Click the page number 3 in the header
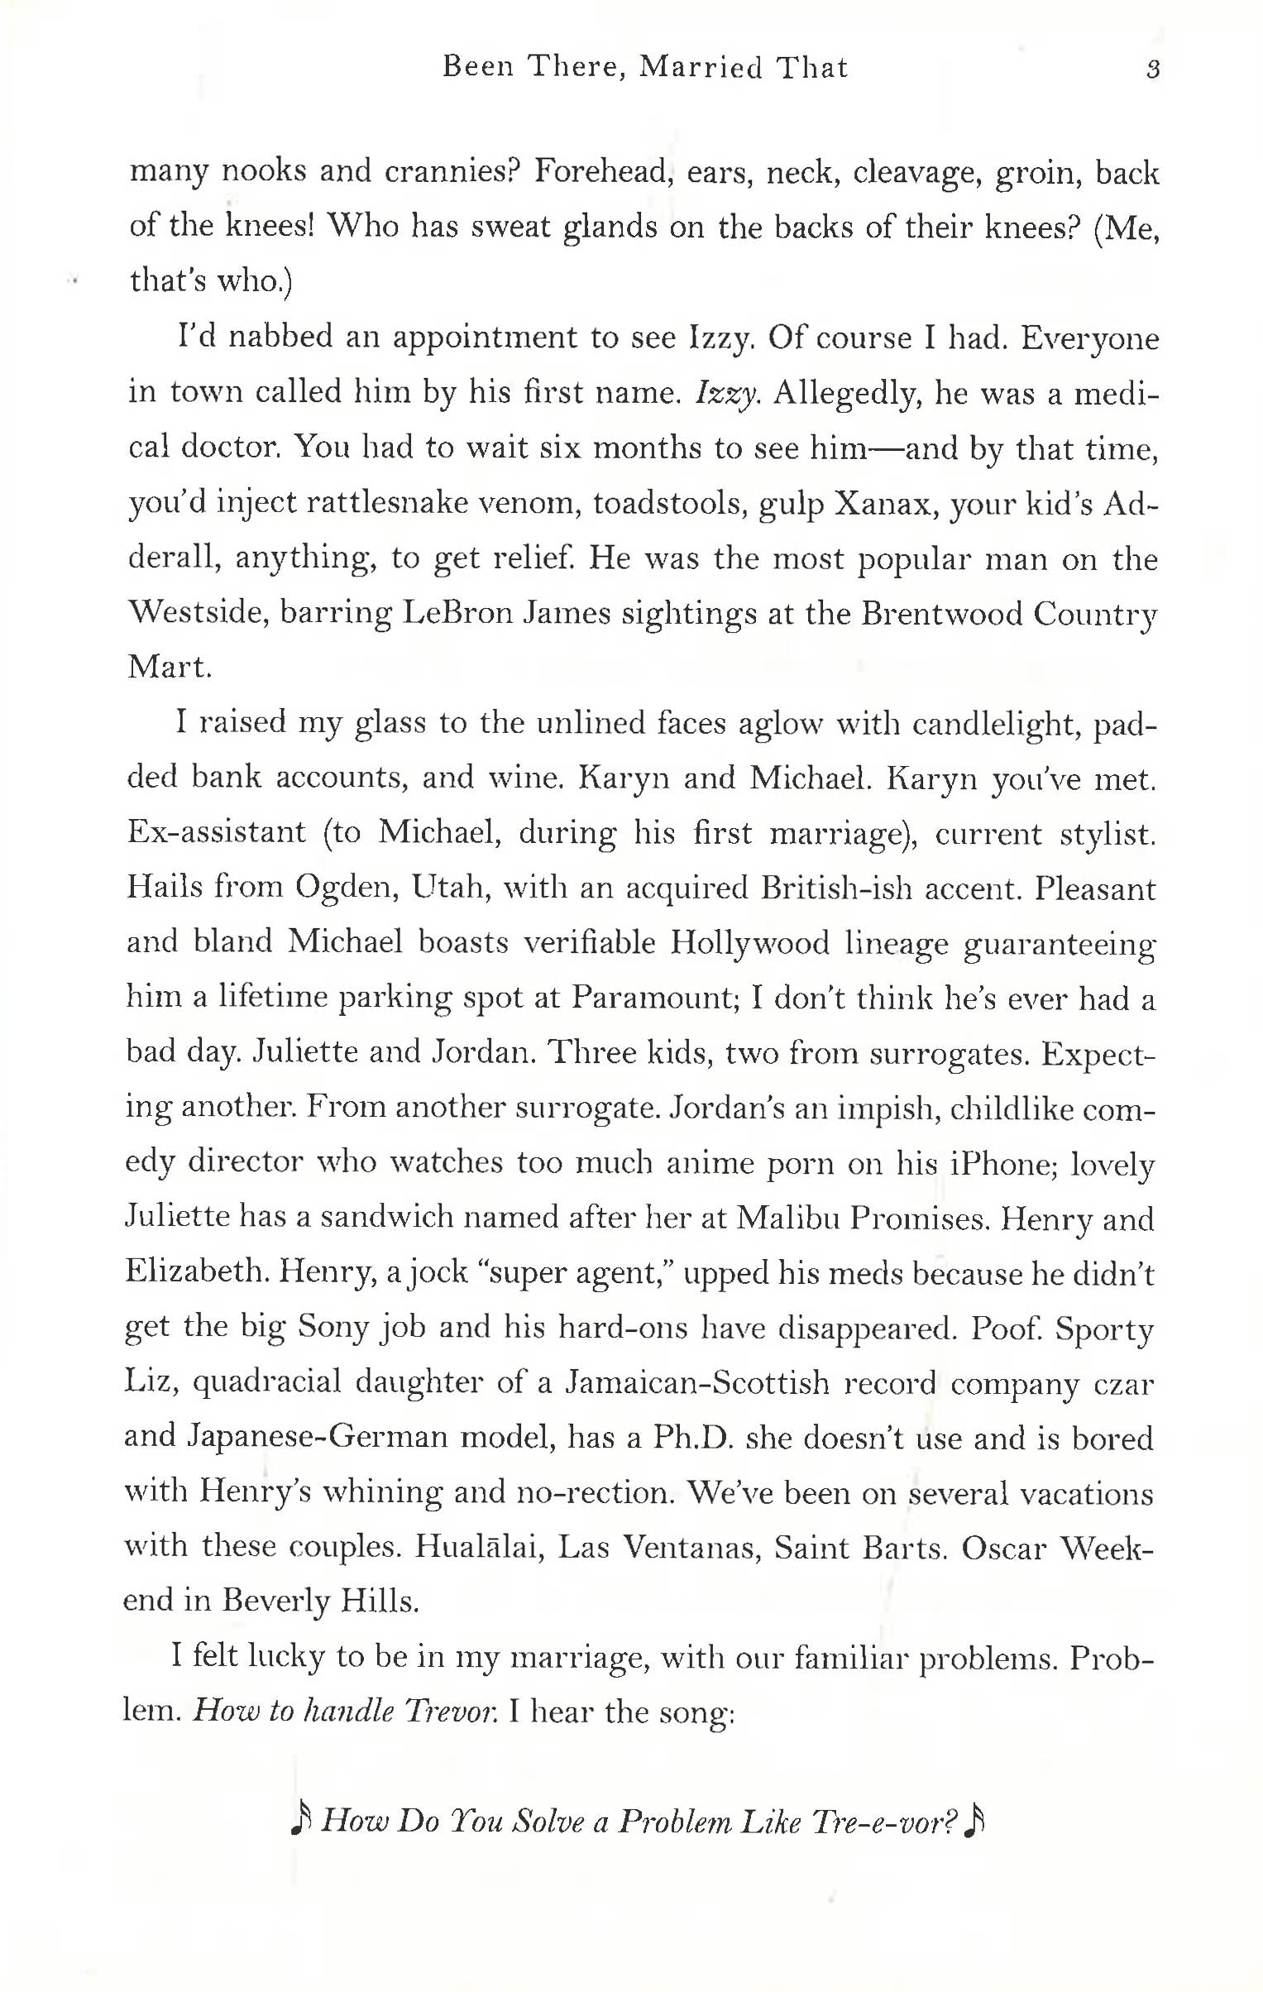1153,69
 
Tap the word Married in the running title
701,67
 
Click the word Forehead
601,173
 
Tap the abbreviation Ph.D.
693,1438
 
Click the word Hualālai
479,1547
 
